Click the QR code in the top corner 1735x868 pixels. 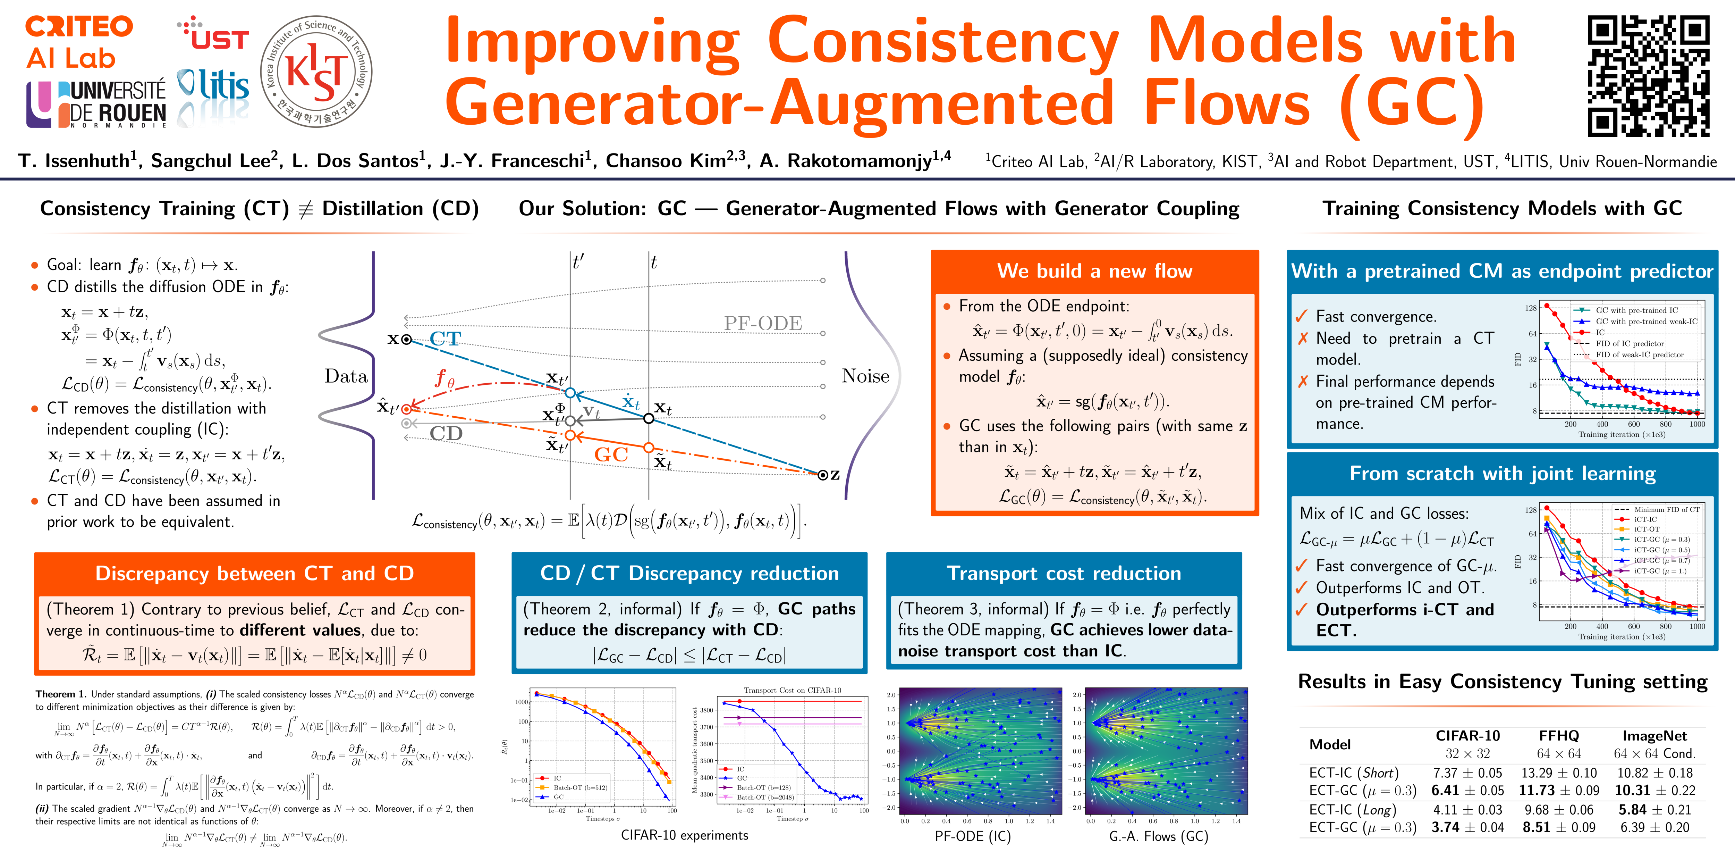click(1648, 76)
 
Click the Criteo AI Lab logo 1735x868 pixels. click(79, 42)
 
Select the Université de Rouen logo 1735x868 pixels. click(96, 105)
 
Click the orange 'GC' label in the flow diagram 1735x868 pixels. click(611, 455)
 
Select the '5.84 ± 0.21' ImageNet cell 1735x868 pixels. click(1654, 809)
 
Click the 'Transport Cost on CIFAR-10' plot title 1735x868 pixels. click(792, 690)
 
